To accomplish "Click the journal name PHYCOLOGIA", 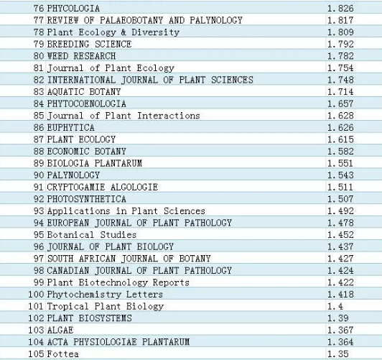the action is point(73,9).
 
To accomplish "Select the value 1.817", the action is point(340,20).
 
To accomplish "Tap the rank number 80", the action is point(39,56).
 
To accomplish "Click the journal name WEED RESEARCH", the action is point(81,56).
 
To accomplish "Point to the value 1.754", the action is point(340,68).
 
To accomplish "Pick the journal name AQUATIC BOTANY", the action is point(84,92).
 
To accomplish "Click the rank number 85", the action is point(39,116).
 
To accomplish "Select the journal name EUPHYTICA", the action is point(70,128).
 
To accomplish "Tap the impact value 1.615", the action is point(340,139).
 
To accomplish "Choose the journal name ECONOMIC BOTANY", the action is point(86,152).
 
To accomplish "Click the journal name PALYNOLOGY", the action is point(73,175).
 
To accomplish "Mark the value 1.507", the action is point(340,199).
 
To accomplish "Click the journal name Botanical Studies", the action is point(92,235).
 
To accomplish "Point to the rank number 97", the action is point(39,259).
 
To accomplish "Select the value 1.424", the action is point(340,271).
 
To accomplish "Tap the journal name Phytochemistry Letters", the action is point(105,295).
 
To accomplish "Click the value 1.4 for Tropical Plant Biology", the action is point(335,306).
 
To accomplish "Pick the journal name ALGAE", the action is point(60,331).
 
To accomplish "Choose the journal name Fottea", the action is point(63,354).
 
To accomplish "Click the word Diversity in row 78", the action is point(156,32).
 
